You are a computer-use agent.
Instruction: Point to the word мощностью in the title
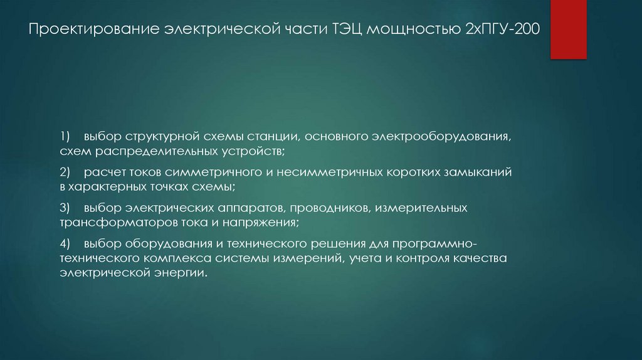(408, 30)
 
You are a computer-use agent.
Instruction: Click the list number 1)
(66, 136)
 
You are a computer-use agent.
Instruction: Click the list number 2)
(66, 171)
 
